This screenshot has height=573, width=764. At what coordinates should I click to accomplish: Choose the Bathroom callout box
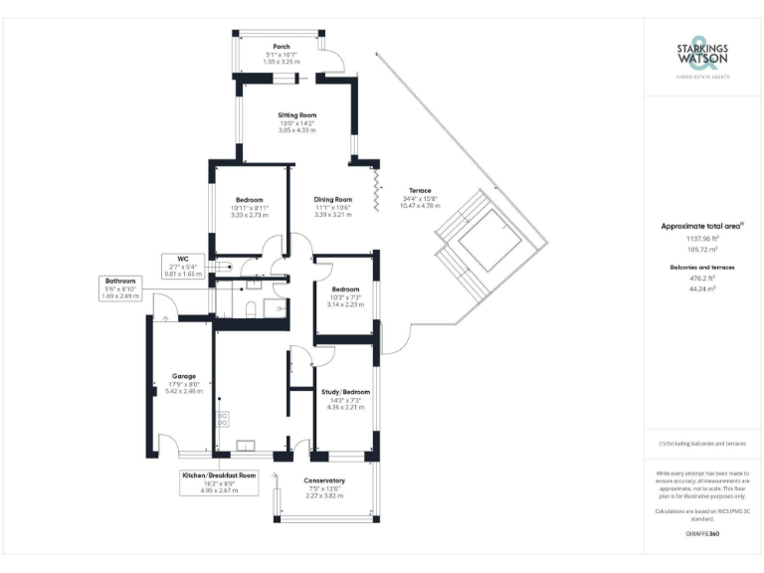click(120, 288)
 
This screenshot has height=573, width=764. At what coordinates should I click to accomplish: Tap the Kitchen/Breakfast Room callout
click(219, 481)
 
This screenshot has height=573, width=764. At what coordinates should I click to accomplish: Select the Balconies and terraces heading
click(701, 269)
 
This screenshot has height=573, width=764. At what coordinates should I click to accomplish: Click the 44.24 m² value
click(701, 289)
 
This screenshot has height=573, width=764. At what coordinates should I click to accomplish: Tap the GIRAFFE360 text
click(701, 536)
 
